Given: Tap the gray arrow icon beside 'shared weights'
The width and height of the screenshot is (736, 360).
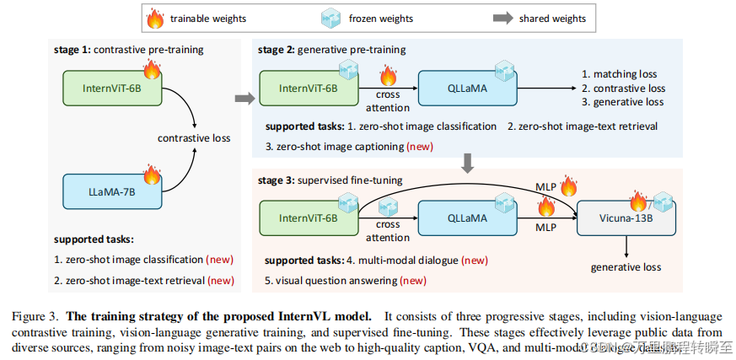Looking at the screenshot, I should [x=503, y=18].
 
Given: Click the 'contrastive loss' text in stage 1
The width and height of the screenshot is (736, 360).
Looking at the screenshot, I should [x=196, y=137].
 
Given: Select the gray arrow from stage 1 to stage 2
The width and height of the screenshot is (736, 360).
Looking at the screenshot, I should [x=244, y=99].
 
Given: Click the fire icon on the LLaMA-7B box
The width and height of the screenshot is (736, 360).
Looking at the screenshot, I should [x=152, y=175].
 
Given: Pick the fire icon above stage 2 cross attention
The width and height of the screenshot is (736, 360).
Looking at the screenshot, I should [x=388, y=78].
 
